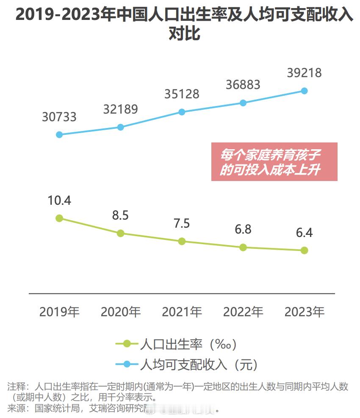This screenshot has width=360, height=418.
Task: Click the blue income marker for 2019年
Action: tap(59, 134)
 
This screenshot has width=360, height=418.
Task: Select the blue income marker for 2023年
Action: tap(304, 91)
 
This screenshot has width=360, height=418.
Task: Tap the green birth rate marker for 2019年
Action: tap(59, 218)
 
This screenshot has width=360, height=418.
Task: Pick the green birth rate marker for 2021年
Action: tap(182, 241)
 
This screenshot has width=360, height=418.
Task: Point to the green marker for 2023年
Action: tap(304, 251)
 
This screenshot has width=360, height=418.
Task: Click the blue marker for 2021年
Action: tap(182, 112)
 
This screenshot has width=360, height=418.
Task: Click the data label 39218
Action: tap(304, 73)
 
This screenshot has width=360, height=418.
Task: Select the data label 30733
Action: tap(59, 117)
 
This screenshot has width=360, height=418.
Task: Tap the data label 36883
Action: tap(243, 85)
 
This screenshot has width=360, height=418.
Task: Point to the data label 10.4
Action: tap(59, 201)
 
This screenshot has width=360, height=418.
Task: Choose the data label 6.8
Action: tap(243, 229)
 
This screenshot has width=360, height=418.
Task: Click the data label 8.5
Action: tap(120, 215)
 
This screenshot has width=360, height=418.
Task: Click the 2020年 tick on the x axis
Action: tap(120, 312)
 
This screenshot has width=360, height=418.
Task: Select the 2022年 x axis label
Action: tap(243, 312)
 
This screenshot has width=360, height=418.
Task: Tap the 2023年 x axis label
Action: tap(304, 312)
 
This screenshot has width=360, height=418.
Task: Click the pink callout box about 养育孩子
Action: tap(274, 162)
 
